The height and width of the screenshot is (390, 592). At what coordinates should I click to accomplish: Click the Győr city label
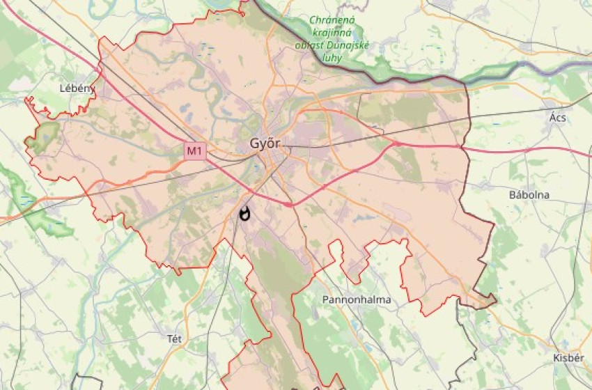click(x=265, y=143)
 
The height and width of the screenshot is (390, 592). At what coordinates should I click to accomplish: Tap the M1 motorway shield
click(x=195, y=150)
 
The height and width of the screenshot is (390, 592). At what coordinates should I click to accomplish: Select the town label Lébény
click(x=77, y=89)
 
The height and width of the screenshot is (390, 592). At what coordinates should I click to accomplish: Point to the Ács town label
click(x=557, y=118)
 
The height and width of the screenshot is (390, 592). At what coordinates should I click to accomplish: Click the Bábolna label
click(x=529, y=195)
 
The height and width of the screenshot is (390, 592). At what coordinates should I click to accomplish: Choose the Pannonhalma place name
click(x=357, y=299)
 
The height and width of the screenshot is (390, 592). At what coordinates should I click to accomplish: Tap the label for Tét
click(x=174, y=338)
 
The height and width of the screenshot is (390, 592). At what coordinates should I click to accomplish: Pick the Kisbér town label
click(x=568, y=357)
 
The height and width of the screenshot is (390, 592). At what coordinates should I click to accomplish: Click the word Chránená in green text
click(x=332, y=20)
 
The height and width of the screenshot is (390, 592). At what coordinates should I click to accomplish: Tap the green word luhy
click(x=333, y=58)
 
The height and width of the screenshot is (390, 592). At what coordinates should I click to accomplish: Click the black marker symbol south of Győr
click(x=244, y=214)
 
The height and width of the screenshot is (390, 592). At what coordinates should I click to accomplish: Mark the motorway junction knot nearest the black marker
click(x=289, y=204)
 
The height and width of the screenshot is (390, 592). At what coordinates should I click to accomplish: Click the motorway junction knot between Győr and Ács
click(x=396, y=143)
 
